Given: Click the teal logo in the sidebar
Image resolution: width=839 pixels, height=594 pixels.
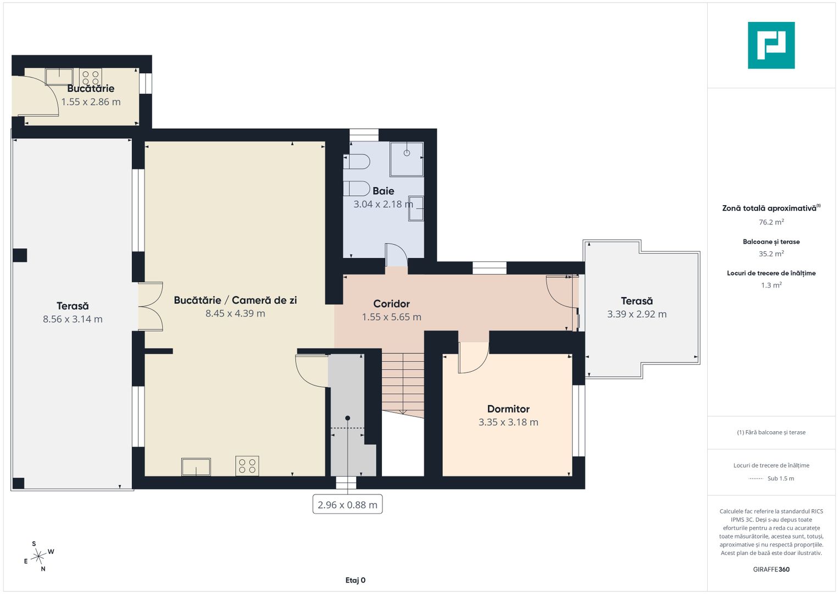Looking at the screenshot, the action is click(x=771, y=45).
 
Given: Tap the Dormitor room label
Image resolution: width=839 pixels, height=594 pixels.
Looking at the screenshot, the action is click(x=508, y=409).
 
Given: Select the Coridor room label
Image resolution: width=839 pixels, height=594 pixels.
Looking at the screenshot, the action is click(x=391, y=304).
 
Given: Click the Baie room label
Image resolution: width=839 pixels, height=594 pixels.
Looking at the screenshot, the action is click(x=383, y=191).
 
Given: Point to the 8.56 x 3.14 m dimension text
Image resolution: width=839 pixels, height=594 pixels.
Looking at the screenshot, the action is click(x=73, y=319).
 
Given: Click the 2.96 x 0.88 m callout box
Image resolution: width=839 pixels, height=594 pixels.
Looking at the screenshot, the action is click(x=348, y=504).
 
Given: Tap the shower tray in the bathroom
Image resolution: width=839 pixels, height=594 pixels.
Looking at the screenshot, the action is click(x=407, y=159).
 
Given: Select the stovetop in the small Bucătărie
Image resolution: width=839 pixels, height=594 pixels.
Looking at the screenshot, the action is click(x=90, y=78).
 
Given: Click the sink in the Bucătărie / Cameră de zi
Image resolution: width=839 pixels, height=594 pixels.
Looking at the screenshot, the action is click(x=196, y=467).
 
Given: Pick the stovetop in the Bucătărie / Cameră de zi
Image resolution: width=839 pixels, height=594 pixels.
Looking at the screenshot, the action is click(x=247, y=466).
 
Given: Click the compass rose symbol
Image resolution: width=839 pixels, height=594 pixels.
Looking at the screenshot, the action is click(x=38, y=556).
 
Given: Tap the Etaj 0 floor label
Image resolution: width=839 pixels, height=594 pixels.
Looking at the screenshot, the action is click(x=355, y=580).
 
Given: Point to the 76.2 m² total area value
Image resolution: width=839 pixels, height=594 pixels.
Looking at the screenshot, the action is click(x=771, y=222).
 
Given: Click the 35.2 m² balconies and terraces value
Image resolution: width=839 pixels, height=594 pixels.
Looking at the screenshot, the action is click(x=771, y=254).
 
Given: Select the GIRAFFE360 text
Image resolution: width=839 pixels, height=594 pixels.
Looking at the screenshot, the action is click(x=771, y=569).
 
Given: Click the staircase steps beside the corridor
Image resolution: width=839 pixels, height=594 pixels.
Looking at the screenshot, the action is click(x=403, y=382).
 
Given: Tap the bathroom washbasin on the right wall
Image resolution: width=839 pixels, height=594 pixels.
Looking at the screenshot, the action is click(x=416, y=208).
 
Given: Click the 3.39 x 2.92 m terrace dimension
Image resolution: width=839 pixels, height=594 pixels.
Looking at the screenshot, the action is click(x=637, y=314).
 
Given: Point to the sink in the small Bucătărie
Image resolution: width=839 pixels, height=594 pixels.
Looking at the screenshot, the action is click(x=59, y=77).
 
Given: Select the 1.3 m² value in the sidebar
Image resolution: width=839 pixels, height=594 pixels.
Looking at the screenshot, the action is click(x=771, y=285).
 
